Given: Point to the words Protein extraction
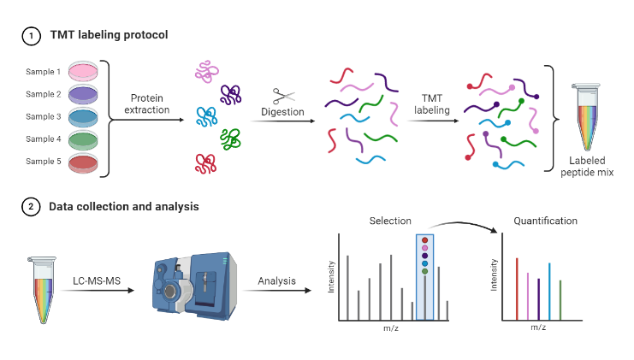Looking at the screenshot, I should [150, 103].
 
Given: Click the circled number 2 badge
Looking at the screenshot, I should [31, 206].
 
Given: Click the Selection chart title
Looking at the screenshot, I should [389, 221].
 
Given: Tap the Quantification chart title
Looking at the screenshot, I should [545, 221].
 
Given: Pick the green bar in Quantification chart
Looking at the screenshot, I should [560, 300].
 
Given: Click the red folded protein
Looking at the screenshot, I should [205, 162].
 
